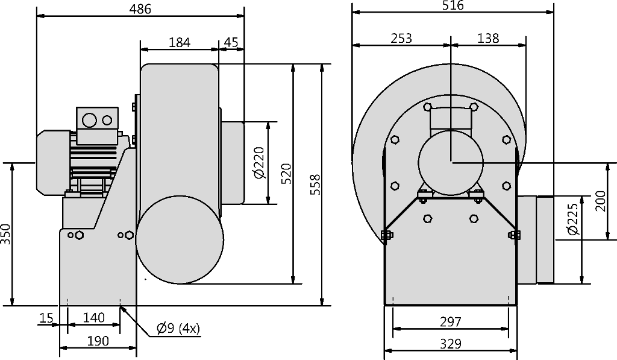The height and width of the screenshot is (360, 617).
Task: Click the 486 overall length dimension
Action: point(140,8)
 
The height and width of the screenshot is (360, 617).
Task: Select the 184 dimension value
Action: point(180,42)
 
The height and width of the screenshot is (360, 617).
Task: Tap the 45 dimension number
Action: point(231,42)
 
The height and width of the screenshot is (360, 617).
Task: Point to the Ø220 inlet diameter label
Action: point(259,163)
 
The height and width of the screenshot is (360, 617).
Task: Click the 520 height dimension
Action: point(287,173)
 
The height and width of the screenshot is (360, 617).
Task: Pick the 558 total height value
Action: point(316,185)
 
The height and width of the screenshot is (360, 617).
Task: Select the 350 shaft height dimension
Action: point(5,234)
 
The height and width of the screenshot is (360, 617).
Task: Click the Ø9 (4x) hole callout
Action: point(178,328)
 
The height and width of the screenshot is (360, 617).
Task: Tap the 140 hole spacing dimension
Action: point(94,317)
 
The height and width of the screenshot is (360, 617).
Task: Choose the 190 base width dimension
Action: point(98,341)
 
